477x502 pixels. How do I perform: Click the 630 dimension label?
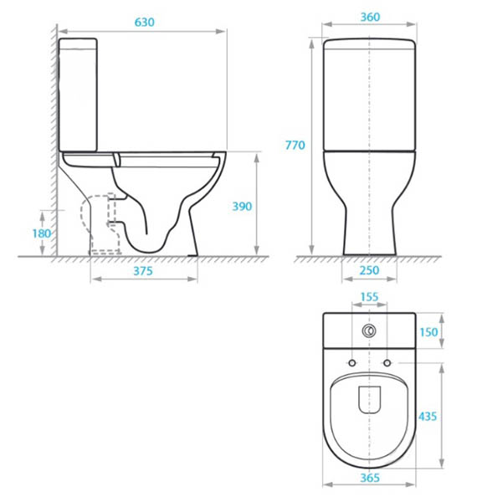(145, 22)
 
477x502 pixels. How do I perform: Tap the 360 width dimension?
(370, 17)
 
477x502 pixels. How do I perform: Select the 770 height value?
(295, 146)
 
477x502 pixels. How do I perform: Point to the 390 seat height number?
(242, 206)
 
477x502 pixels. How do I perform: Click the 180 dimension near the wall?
(42, 233)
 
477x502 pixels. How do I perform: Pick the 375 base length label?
(143, 271)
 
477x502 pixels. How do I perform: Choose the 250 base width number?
(369, 270)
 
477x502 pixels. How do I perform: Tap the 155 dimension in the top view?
(369, 297)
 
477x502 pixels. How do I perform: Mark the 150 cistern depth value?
(428, 332)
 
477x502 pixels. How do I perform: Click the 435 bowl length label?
(428, 416)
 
